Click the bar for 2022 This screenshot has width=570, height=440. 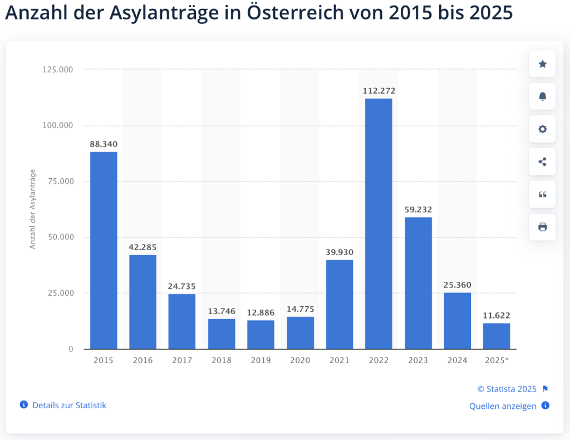(379, 223)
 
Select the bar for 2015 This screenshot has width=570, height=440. (104, 251)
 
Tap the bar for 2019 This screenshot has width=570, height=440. (261, 335)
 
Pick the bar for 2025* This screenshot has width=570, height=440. (497, 336)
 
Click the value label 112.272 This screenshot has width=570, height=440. (379, 90)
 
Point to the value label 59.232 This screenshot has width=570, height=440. (418, 209)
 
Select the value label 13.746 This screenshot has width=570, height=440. (222, 311)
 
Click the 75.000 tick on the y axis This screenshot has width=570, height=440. (58, 181)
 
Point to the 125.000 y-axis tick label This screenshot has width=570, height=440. (57, 70)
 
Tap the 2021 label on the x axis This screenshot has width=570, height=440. (340, 360)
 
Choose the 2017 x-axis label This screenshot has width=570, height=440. (182, 360)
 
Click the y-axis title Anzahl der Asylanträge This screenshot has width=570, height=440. (33, 208)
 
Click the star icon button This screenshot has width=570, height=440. (542, 64)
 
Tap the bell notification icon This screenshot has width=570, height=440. (542, 96)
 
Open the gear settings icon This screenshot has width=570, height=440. (542, 129)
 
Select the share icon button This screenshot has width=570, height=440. (542, 162)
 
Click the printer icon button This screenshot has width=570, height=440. (542, 227)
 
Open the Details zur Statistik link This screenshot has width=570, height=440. (69, 405)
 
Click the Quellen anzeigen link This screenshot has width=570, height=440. (503, 406)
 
